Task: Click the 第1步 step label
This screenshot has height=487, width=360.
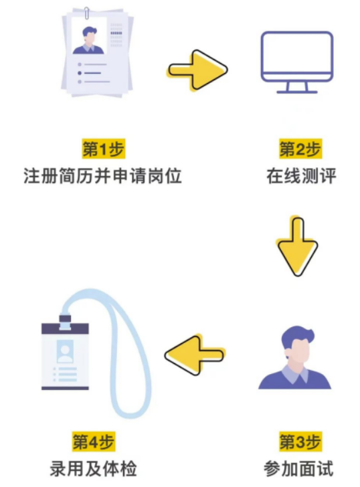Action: click(104, 149)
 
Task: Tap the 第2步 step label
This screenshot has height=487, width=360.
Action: click(300, 149)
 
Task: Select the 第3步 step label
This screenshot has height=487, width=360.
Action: click(300, 442)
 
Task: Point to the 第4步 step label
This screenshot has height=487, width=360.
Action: click(94, 442)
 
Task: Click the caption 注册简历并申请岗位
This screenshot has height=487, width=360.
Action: click(102, 176)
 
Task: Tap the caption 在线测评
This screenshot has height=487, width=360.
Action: click(301, 176)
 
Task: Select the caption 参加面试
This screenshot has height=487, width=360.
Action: click(299, 469)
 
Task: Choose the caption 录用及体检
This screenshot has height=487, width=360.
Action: click(94, 469)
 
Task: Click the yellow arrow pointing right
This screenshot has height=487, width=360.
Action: click(197, 70)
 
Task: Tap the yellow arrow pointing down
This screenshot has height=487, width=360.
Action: click(297, 246)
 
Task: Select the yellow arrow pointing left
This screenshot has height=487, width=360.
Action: click(195, 355)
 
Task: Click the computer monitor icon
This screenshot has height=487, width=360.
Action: click(297, 62)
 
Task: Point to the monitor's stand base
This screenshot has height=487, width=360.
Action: click(297, 92)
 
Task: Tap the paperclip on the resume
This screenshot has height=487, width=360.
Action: click(87, 13)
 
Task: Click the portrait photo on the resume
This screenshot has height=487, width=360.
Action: click(89, 37)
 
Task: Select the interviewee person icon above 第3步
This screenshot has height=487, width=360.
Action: click(295, 357)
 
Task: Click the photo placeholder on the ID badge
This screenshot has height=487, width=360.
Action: click(65, 351)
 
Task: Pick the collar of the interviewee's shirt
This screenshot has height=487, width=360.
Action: click(295, 374)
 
